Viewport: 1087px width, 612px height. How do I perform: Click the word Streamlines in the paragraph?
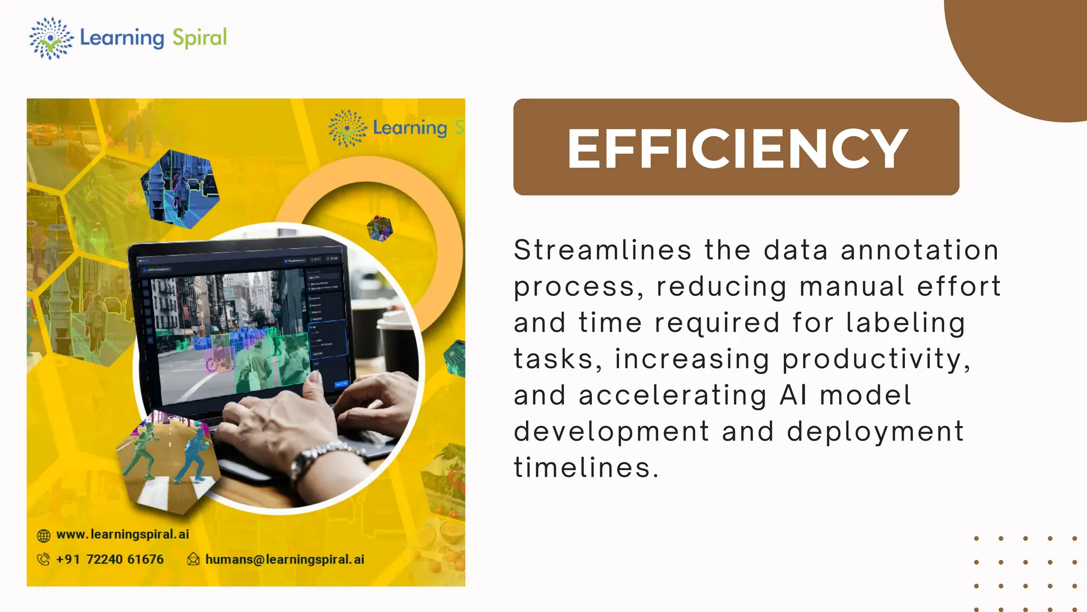603,250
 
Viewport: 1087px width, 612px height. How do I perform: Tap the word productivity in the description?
876,359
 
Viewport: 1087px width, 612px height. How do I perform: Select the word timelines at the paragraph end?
586,468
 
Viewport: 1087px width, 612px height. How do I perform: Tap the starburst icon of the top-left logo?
51,38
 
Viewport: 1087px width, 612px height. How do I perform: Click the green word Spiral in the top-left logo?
200,38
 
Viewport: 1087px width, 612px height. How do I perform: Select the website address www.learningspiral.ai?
123,534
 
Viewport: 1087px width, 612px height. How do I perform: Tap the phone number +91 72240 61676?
110,559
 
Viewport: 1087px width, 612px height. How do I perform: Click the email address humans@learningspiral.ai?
284,559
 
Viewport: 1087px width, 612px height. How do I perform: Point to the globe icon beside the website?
44,535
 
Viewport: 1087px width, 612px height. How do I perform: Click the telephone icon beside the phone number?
43,559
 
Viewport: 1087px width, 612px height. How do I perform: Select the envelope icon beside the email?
193,559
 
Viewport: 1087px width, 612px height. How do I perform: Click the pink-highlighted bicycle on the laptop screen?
219,359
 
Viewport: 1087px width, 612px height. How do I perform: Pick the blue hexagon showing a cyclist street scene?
179,189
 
